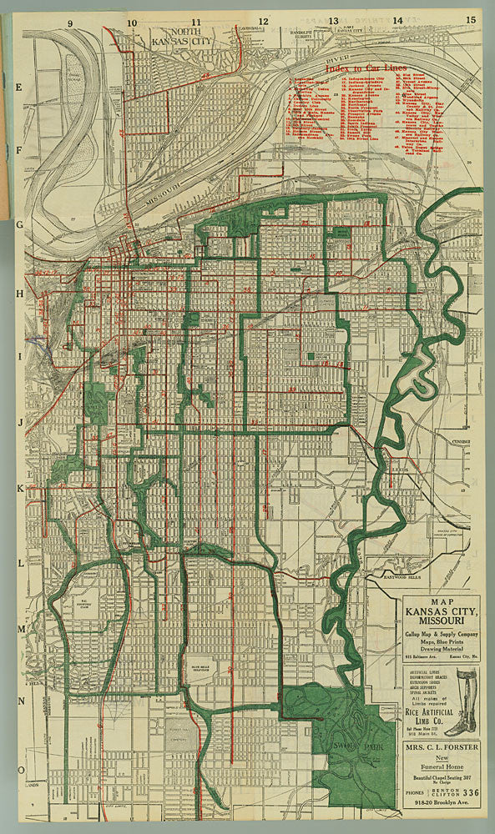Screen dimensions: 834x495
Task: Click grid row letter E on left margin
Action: coord(18,86)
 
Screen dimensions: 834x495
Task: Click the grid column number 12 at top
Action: coord(263,19)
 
